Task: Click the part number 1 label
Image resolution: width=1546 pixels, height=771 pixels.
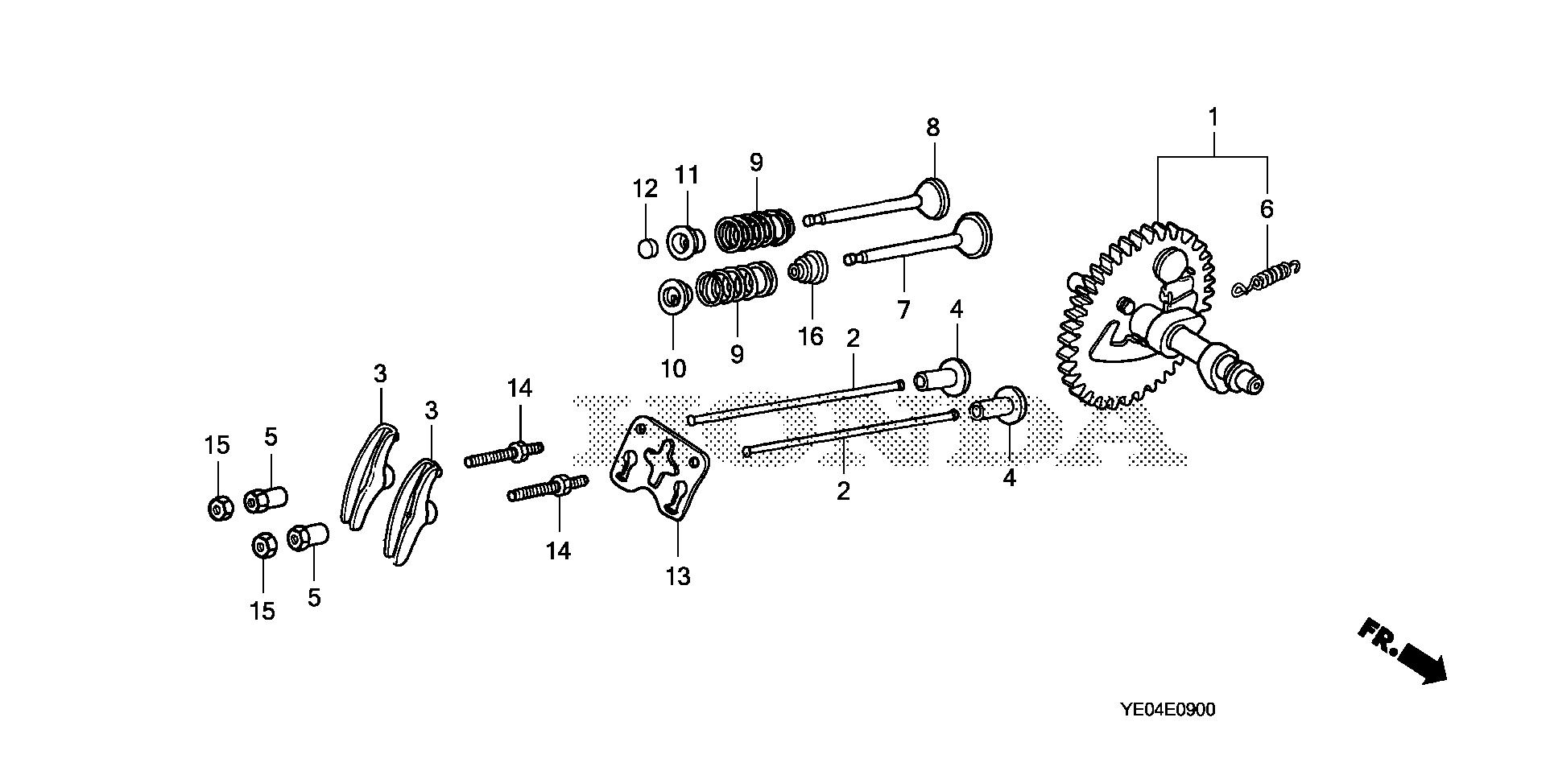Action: pyautogui.click(x=1213, y=118)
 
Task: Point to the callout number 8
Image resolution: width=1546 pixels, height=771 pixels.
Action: pyautogui.click(x=932, y=128)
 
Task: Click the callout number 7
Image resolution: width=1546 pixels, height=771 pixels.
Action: pyautogui.click(x=903, y=310)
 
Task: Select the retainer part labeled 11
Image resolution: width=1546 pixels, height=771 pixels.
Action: pyautogui.click(x=686, y=241)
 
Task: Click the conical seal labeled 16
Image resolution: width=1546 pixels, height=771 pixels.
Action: pyautogui.click(x=808, y=268)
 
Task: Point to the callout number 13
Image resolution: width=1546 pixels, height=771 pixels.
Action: pyautogui.click(x=678, y=576)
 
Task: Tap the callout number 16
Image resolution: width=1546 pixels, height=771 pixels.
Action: pyautogui.click(x=811, y=336)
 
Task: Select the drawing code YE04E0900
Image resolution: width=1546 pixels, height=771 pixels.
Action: pyautogui.click(x=1168, y=710)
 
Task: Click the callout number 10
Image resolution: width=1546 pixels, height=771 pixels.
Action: pyautogui.click(x=673, y=369)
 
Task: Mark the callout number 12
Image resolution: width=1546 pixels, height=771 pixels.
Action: pyautogui.click(x=645, y=189)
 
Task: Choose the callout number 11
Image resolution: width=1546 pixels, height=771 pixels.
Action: pyautogui.click(x=687, y=175)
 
